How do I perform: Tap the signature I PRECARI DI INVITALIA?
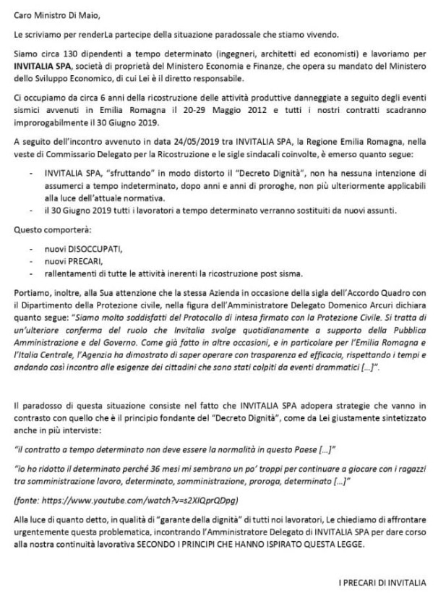381,582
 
